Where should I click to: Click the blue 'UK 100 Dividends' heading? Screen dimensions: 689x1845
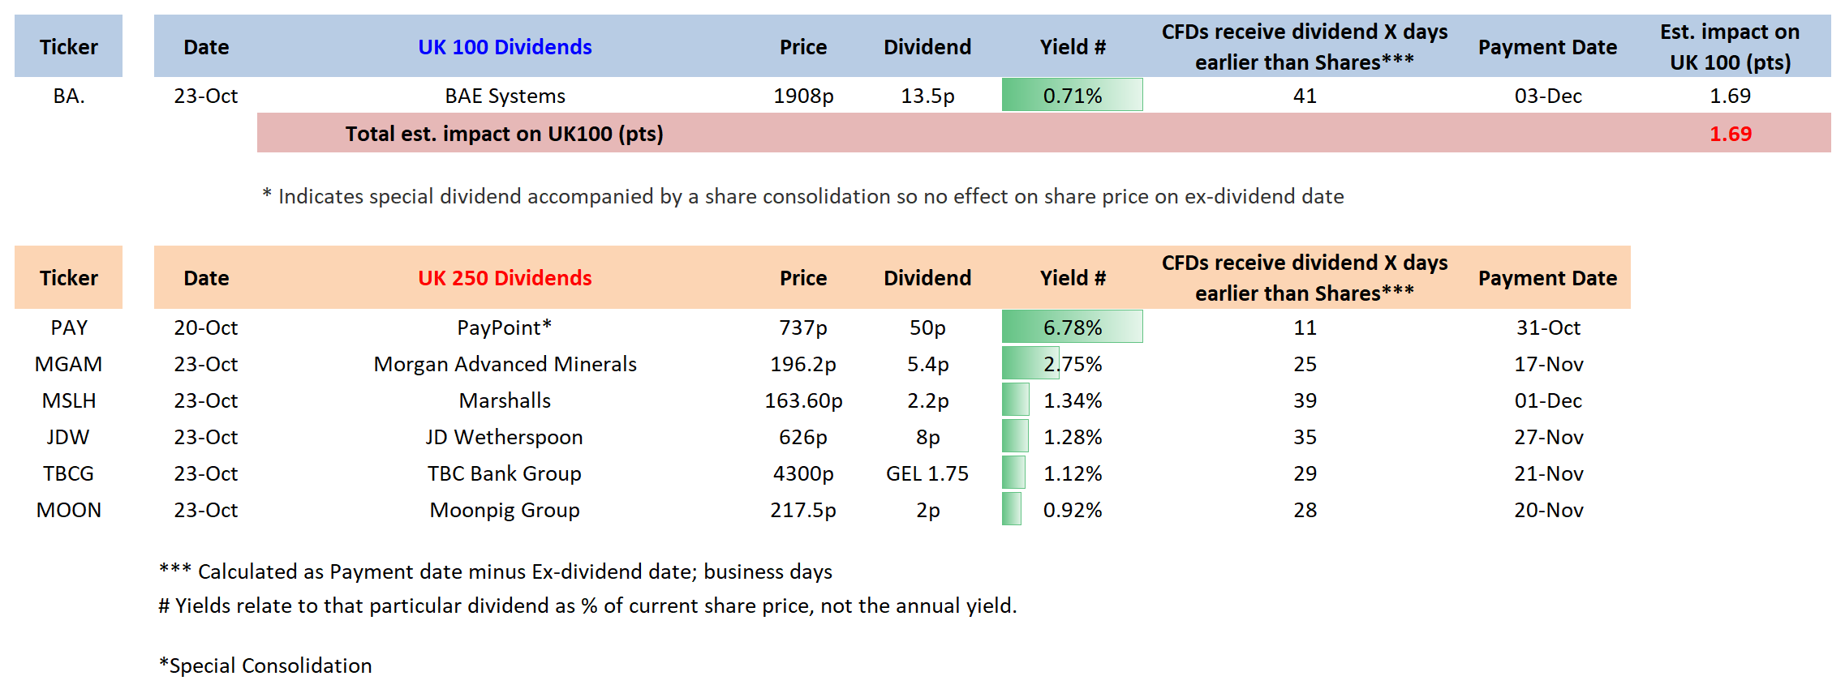point(505,47)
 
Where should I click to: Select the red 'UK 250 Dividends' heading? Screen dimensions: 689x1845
point(505,278)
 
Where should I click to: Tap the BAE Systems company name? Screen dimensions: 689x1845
point(505,96)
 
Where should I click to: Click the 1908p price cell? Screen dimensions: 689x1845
point(803,96)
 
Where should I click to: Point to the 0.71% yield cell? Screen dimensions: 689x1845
point(1072,96)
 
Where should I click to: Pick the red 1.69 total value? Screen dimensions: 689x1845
point(1730,134)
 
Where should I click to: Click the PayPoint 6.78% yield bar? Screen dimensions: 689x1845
point(1072,327)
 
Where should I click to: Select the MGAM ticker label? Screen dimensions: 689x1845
point(68,364)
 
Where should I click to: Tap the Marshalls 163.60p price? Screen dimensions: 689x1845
point(803,400)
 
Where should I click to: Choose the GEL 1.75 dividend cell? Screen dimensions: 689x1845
point(927,473)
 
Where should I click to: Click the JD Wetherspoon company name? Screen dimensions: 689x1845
point(505,437)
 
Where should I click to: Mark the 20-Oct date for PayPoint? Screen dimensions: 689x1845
point(205,327)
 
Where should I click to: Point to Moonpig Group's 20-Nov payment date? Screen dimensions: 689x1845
point(1548,510)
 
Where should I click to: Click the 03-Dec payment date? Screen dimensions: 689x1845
point(1548,96)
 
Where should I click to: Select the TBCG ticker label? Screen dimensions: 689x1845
point(68,473)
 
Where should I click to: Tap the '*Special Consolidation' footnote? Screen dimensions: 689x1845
point(265,665)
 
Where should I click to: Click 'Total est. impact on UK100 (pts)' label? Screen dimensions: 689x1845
point(505,134)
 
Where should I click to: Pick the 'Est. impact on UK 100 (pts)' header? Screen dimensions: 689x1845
point(1730,47)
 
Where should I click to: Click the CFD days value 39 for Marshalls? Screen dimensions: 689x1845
point(1305,400)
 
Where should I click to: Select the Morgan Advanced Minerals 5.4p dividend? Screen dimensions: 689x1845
point(927,364)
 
